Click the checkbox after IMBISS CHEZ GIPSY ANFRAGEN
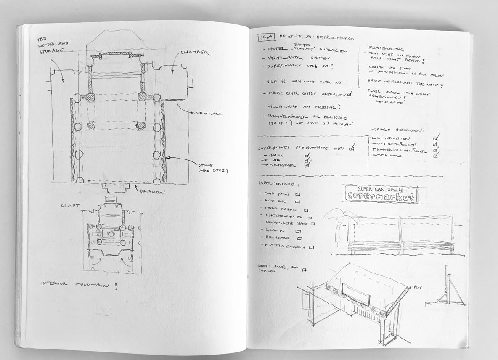point(350,93)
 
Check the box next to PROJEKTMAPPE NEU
point(352,148)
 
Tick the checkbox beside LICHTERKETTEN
point(436,138)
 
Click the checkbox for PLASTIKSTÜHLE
point(435,155)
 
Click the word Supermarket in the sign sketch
point(380,196)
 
